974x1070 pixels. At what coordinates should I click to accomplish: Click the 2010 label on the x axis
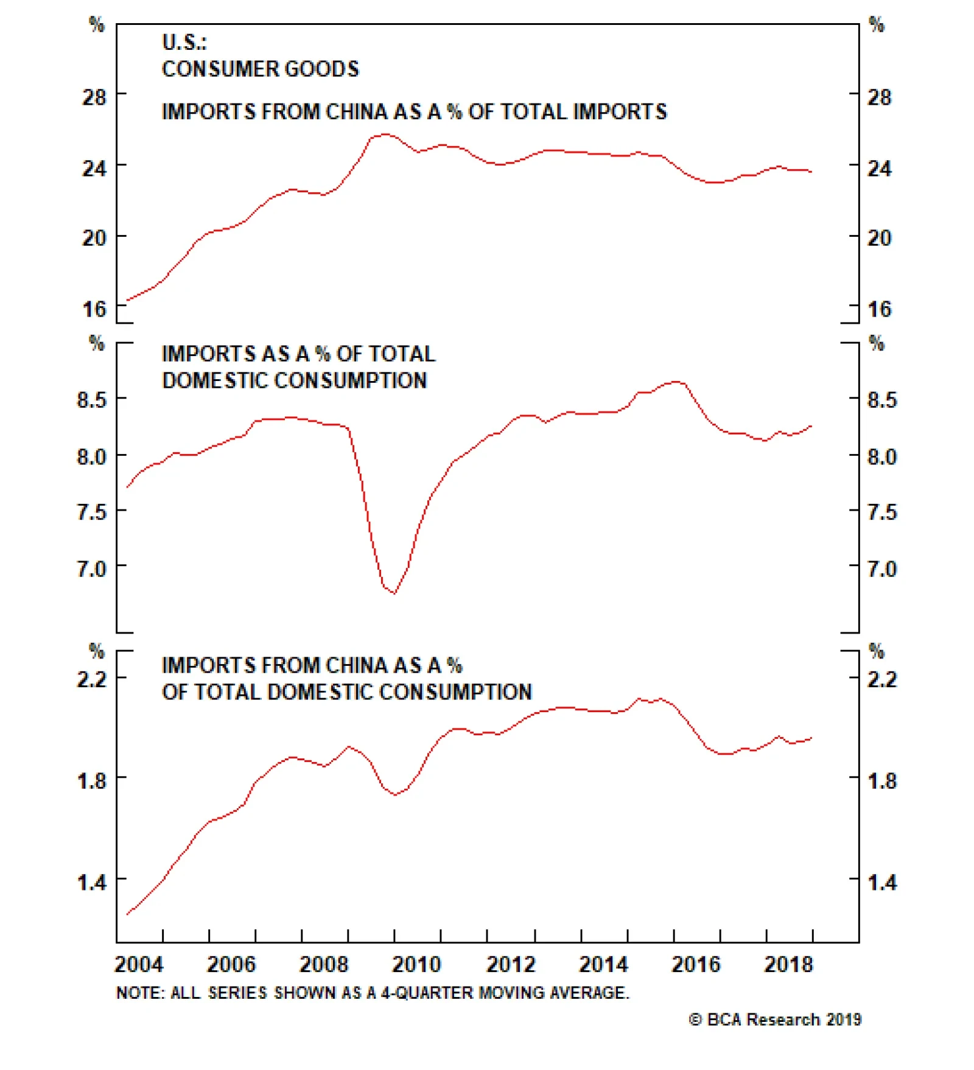416,964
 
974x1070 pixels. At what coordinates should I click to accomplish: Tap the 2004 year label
139,964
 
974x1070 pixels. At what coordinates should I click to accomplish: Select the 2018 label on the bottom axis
788,964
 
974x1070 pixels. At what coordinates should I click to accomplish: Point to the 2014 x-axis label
603,964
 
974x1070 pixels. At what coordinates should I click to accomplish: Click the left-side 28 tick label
94,97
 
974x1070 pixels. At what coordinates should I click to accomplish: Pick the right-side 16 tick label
879,309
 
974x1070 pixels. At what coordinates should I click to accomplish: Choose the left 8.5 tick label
91,400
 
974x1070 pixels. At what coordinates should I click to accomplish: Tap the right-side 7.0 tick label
882,569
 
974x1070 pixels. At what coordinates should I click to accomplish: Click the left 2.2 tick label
91,679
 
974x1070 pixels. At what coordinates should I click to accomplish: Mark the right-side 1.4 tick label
882,882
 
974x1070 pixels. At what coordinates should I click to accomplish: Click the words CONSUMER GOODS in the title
261,69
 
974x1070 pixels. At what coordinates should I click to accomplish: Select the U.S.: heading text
184,43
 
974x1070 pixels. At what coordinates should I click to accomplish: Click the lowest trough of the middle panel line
394,593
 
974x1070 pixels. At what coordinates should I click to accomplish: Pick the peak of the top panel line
385,135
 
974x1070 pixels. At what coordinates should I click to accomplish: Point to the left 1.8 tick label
91,780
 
